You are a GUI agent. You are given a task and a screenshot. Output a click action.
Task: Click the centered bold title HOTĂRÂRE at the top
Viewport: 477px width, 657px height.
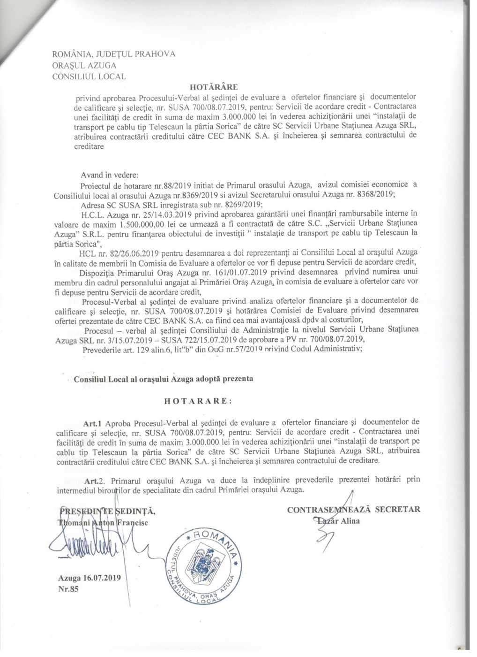[215, 86]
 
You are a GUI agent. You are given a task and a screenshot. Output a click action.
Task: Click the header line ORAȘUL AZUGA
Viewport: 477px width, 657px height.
[85, 65]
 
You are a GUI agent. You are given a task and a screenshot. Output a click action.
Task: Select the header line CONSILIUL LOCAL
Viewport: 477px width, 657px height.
[89, 76]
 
